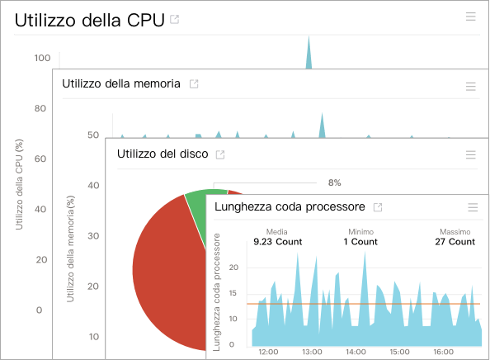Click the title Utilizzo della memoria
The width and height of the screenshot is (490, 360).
coord(121,84)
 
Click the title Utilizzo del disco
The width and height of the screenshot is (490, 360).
coord(162,154)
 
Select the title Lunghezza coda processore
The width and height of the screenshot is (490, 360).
coord(290,206)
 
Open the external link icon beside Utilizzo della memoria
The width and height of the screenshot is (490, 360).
coord(194,84)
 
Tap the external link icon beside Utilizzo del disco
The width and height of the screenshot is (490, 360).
coord(220,154)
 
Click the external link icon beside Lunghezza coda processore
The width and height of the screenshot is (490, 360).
coord(378,207)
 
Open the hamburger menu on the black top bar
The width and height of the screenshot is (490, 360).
coord(470,17)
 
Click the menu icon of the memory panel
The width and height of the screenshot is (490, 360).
coord(470,86)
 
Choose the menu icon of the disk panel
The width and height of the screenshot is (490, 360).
coord(470,155)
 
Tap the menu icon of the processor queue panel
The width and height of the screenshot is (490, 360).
coord(473,208)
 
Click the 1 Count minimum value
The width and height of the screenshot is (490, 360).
coord(360,243)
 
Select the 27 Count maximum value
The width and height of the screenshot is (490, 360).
coord(455,243)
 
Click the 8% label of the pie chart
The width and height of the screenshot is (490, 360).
coord(334,182)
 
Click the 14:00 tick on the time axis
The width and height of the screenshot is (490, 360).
coord(356,352)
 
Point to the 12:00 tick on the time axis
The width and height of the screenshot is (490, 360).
coord(267,352)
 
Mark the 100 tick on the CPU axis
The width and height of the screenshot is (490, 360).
coord(43,58)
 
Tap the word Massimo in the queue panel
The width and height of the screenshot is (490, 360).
coord(455,232)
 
